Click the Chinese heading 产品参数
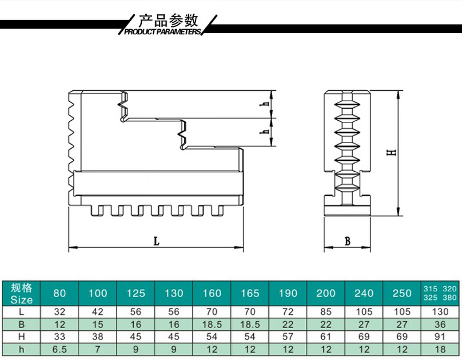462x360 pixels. click(x=168, y=21)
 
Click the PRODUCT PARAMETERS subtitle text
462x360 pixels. click(x=162, y=31)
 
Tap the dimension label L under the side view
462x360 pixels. click(x=157, y=242)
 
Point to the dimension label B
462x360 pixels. click(x=348, y=241)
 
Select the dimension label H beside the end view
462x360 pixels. click(x=392, y=152)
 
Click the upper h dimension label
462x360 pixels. click(x=266, y=104)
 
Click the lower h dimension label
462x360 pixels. click(x=266, y=131)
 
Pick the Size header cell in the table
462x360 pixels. click(x=21, y=294)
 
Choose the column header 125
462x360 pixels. click(x=136, y=294)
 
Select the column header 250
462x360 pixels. click(x=402, y=294)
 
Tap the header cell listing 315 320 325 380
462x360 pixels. click(x=440, y=293)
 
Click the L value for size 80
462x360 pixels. click(x=59, y=312)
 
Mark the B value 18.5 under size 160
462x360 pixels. click(x=212, y=325)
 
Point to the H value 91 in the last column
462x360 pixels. click(x=440, y=337)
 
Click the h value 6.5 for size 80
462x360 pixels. click(x=59, y=349)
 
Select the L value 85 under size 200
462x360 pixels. click(x=326, y=312)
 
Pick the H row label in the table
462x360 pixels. click(x=21, y=337)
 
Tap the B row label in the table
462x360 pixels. click(x=21, y=325)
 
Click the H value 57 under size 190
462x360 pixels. click(x=288, y=337)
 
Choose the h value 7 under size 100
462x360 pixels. click(x=98, y=349)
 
